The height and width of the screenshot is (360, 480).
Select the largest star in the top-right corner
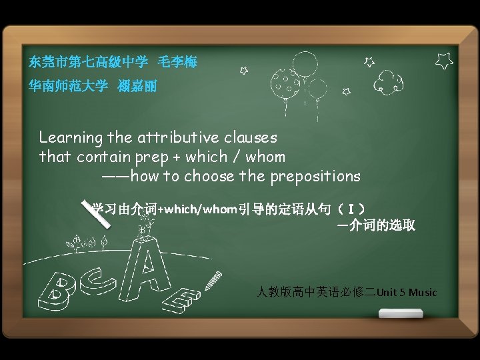pyautogui.click(x=444, y=61)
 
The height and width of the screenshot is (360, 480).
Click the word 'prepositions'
pyautogui.click(x=315, y=177)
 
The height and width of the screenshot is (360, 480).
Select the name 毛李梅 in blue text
pyautogui.click(x=177, y=63)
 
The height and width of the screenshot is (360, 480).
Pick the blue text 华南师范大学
pyautogui.click(x=67, y=86)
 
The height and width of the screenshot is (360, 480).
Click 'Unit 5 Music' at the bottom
pyautogui.click(x=407, y=292)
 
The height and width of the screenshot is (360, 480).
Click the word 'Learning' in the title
pyautogui.click(x=71, y=138)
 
